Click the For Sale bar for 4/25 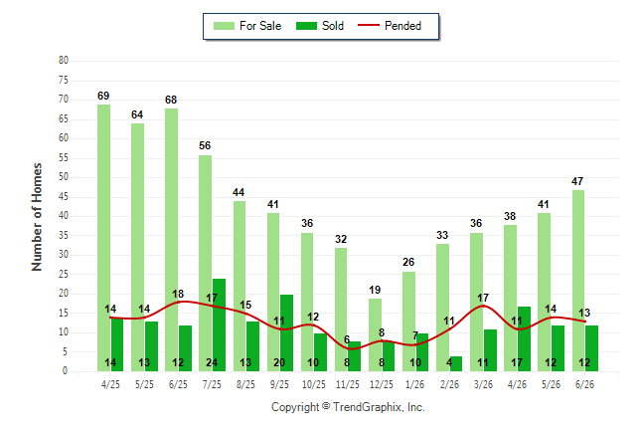click(103, 238)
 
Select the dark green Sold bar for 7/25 click(219, 324)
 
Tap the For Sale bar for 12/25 click(375, 334)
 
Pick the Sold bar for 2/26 click(456, 364)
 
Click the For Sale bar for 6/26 click(578, 281)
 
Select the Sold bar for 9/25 click(286, 332)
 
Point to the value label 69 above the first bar click(103, 96)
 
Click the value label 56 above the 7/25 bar click(205, 145)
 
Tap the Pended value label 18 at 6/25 click(178, 295)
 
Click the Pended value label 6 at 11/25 click(347, 339)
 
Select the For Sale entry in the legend click(247, 26)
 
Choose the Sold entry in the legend click(320, 26)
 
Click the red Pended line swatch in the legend click(369, 26)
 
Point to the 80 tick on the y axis click(64, 61)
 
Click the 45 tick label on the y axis click(64, 197)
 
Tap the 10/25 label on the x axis click(314, 384)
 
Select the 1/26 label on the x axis click(415, 384)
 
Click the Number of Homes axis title click(37, 217)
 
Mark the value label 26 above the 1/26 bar click(408, 262)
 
